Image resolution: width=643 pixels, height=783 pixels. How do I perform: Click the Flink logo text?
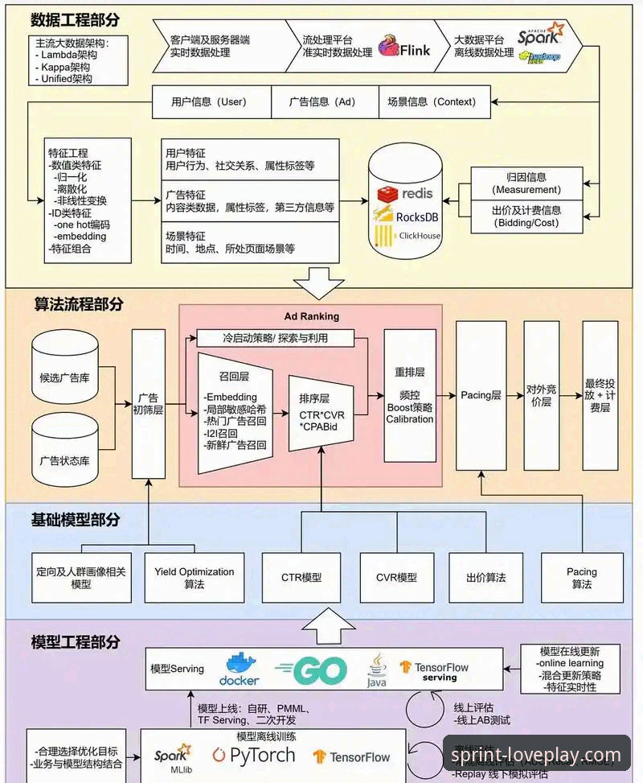coord(416,49)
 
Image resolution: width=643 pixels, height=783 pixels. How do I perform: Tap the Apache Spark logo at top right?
coord(540,34)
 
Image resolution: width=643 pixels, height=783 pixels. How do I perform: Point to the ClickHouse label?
coord(419,236)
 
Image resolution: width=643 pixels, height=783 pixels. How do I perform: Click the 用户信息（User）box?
coord(209,102)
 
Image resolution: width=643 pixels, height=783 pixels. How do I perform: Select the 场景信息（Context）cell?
coord(432,102)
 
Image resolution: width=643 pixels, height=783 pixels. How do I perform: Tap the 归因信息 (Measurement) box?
coord(526,183)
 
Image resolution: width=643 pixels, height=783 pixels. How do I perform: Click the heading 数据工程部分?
coord(77,19)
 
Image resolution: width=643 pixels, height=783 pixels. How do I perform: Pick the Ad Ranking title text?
coord(312,316)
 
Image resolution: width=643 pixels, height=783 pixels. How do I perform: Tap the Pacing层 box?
coord(481,395)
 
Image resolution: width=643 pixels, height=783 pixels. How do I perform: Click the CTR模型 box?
coord(301,577)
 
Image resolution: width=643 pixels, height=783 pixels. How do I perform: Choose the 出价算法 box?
coord(485,577)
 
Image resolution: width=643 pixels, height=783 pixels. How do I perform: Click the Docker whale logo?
coord(239,668)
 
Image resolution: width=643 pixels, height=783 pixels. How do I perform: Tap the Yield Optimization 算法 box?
coord(195,577)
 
